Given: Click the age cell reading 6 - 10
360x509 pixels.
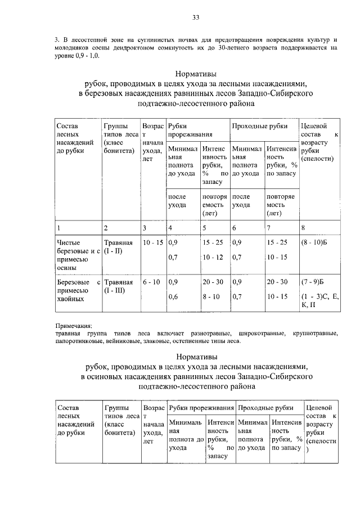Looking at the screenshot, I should (152, 281).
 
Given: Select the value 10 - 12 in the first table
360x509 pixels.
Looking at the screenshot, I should (213, 257).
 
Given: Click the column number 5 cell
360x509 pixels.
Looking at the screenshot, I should (205, 228).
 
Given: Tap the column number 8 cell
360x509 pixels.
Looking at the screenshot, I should (304, 228).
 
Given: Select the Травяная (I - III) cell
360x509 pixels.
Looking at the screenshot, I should (118, 286).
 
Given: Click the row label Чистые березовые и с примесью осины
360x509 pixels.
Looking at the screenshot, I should (77, 250).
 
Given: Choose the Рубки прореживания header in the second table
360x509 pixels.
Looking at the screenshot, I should (201, 407).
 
